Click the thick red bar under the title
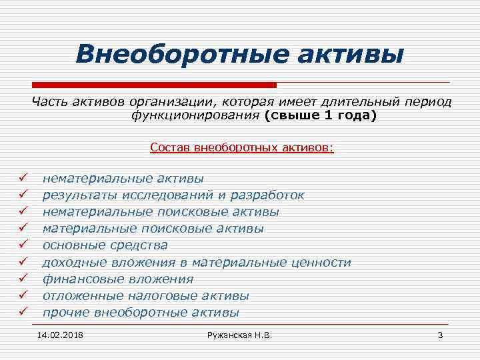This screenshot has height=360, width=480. point(154,85)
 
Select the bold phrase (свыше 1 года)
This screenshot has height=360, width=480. point(320,116)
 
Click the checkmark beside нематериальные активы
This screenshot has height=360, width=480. point(23,178)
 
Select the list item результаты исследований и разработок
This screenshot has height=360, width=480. point(173,195)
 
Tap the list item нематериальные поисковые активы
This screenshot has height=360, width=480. point(161,212)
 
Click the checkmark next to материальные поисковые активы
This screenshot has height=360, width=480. point(23,229)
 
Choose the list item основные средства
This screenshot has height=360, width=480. point(105,245)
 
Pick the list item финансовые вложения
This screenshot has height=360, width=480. point(118,279)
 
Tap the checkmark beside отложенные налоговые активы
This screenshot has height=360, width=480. point(23,296)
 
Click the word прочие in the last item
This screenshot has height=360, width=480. point(67,313)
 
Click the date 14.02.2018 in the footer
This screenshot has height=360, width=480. point(65,334)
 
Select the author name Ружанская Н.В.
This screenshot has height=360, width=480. point(240,334)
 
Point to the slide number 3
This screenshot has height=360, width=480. point(440,334)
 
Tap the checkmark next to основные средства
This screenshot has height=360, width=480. point(23,245)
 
